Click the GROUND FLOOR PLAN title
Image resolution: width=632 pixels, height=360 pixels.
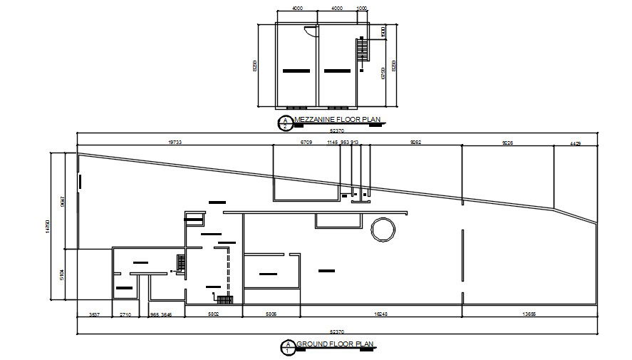334,344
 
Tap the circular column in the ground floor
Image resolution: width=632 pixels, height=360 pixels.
382,230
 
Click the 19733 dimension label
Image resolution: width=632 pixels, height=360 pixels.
175,143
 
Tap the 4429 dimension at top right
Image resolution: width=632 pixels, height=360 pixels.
575,143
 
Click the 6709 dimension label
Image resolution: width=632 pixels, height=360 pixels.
306,143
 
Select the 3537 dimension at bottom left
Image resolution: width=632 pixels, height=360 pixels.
93,314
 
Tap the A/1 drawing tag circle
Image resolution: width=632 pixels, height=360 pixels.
287,348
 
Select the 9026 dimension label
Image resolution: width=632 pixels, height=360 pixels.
508,143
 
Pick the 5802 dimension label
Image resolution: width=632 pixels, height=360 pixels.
213,314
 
